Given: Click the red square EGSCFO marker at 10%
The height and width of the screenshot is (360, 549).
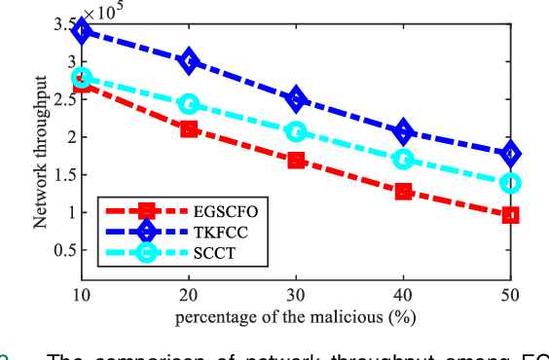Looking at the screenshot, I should tap(82, 85).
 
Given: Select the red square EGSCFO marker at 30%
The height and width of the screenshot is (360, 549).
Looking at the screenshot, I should tap(296, 160).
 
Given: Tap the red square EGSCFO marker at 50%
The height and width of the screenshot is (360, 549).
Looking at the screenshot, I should tap(510, 215).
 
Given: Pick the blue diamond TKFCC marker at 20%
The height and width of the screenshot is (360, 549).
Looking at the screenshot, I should tap(189, 61).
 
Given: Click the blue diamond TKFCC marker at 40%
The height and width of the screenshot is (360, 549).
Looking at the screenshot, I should tap(403, 131).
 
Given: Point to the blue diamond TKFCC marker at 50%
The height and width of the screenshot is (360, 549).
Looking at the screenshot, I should tap(510, 154).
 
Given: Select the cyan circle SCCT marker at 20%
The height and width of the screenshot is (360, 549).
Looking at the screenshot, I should tap(189, 104).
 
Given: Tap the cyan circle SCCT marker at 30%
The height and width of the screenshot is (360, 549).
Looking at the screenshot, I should tap(296, 131).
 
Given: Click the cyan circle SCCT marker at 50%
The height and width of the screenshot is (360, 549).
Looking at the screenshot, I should tap(510, 182).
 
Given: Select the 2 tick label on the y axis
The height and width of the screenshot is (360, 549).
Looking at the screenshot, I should tap(70, 137).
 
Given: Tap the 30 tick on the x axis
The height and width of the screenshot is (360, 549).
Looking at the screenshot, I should tap(296, 294).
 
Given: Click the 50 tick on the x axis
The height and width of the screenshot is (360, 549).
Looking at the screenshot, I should tap(510, 294).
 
